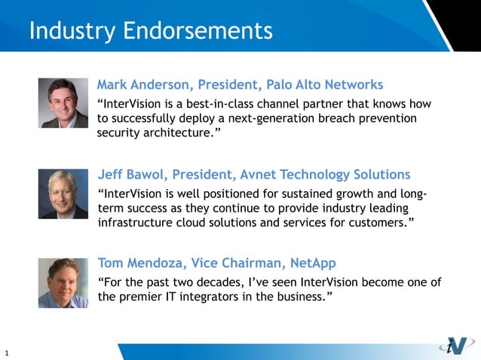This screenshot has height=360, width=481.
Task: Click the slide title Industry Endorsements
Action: point(150,31)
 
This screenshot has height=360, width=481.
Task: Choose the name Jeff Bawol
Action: point(130,175)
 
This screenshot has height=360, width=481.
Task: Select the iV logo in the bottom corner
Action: point(456,346)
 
